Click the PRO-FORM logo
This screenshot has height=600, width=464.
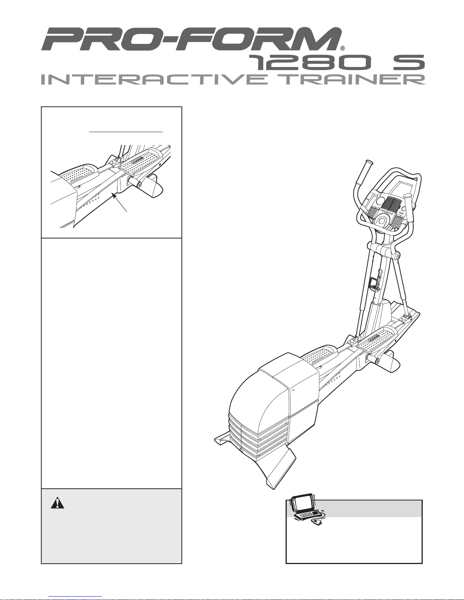(x=191, y=39)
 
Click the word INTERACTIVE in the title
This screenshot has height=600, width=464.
(x=154, y=79)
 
